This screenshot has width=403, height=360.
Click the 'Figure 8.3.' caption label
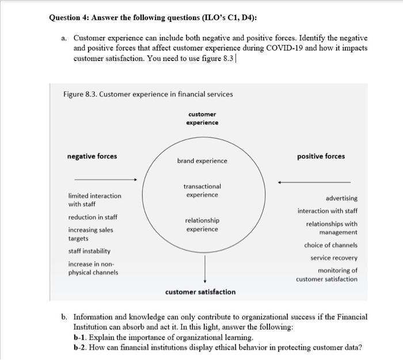[79, 94]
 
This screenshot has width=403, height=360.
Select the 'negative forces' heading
[92, 156]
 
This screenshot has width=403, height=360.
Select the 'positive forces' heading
[321, 156]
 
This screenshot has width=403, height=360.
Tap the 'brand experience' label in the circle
[202, 161]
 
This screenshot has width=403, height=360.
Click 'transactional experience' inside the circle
[202, 191]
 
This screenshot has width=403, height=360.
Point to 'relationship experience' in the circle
[202, 225]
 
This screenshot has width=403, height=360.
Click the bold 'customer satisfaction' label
[200, 292]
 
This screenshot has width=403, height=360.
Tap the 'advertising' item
[341, 198]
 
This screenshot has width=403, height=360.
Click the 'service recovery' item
[334, 258]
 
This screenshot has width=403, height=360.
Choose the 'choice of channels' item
[330, 245]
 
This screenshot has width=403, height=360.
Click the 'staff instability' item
[89, 251]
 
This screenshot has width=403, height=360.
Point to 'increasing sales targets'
[91, 234]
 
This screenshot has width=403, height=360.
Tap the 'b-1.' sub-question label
[81, 336]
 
